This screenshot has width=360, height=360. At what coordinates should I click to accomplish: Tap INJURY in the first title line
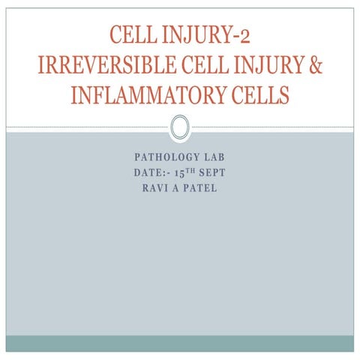coord(197,35)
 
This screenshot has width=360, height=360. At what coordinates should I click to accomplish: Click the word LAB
coord(210,160)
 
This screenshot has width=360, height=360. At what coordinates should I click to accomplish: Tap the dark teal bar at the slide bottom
coord(179,343)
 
